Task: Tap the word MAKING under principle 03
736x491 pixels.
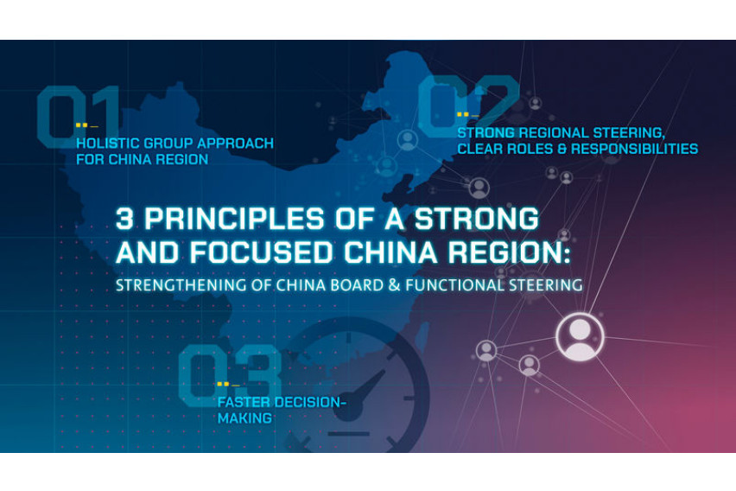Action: click(x=244, y=418)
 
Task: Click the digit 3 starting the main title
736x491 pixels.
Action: click(x=125, y=219)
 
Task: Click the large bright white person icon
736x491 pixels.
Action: click(x=579, y=336)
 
